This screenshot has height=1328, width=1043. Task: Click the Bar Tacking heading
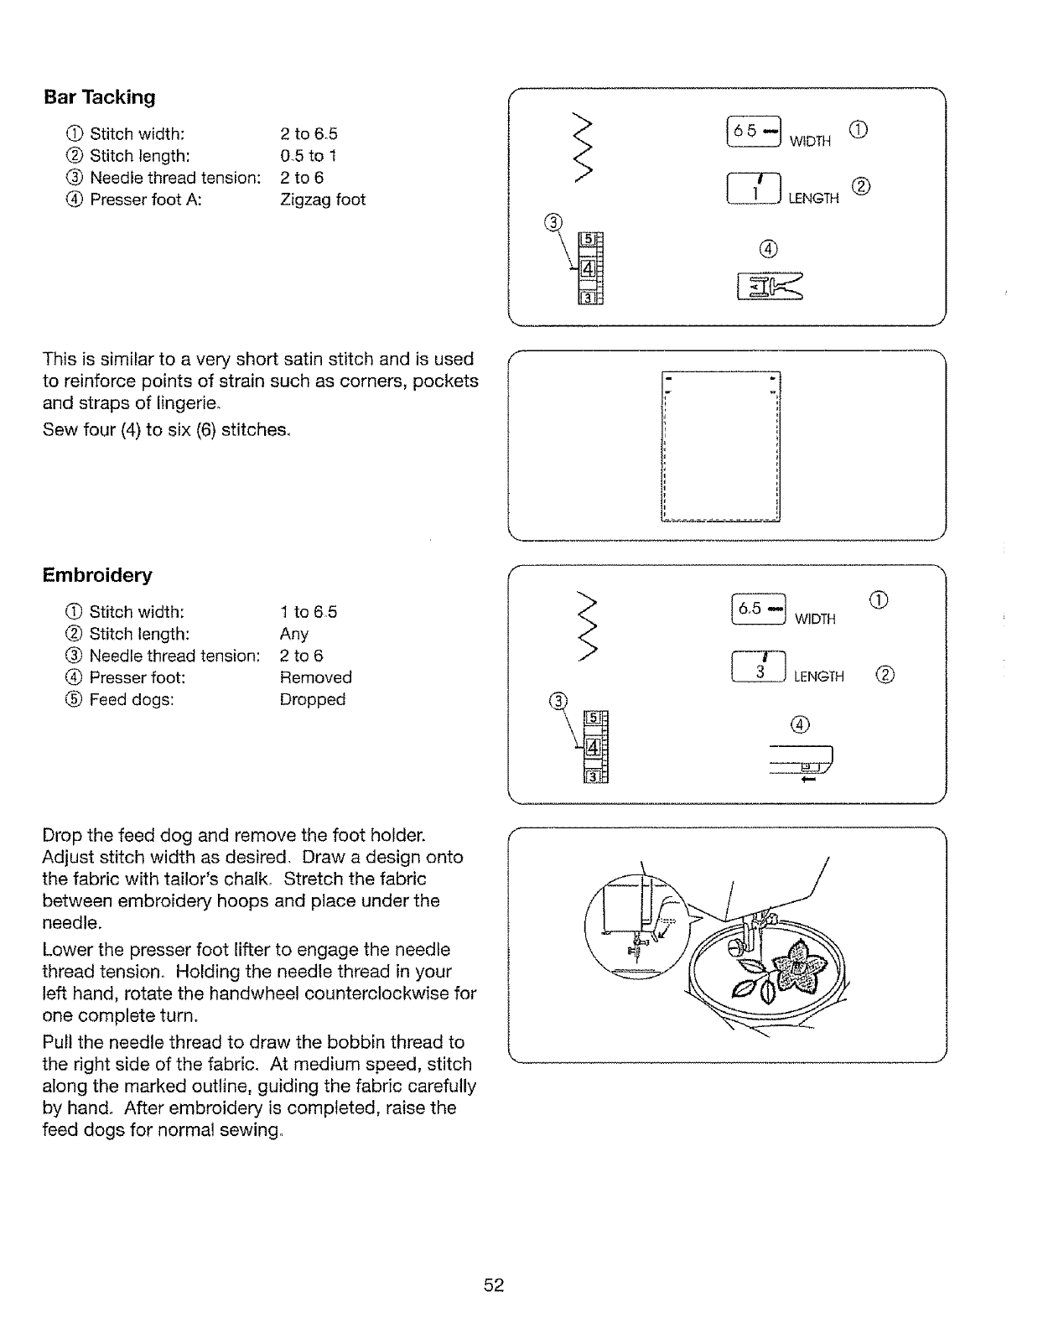coord(100,97)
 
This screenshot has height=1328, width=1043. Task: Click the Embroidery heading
coord(97,575)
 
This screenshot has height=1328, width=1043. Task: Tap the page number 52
coord(493,1285)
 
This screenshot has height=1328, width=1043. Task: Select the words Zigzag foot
coord(323,200)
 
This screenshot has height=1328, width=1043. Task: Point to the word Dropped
coord(312,699)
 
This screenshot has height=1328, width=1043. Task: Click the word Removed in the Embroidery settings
coord(315,677)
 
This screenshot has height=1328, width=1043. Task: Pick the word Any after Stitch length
coord(293,634)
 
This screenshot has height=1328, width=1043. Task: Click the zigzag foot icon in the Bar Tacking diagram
coord(768,285)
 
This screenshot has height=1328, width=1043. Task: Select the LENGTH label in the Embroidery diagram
coord(818,677)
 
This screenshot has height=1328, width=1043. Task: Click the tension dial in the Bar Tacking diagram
coord(591,267)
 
